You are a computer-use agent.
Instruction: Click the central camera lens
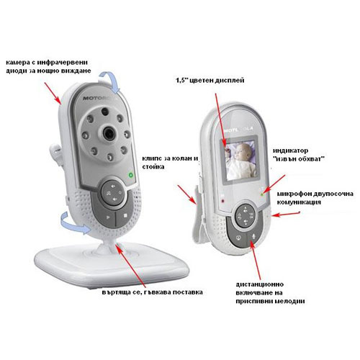coord(109,132)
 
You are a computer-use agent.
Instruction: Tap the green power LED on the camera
coord(131,175)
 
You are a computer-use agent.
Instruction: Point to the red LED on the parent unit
coord(223,200)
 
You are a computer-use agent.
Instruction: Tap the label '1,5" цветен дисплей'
coord(210,80)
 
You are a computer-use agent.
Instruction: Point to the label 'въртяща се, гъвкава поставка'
coord(152,292)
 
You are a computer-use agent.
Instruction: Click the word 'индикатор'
coord(290,150)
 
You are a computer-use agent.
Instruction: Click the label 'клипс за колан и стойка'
coord(170,163)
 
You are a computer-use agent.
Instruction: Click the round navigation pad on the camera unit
coord(114,192)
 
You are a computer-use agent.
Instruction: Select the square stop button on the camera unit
coord(125,216)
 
